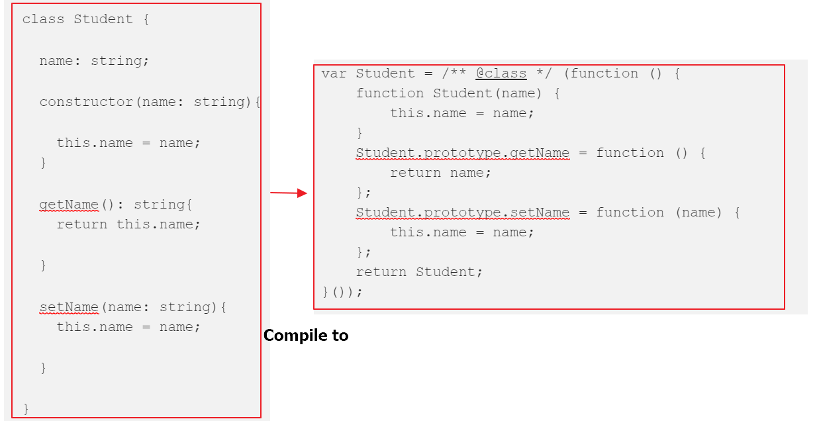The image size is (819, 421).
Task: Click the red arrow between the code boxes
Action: [x=289, y=193]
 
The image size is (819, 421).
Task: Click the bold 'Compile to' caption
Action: [x=306, y=336]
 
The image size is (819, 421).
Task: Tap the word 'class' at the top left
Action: [x=43, y=19]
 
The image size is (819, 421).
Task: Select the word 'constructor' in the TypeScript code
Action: [x=86, y=102]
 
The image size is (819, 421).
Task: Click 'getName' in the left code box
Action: [x=69, y=205]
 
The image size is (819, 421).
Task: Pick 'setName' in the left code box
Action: [x=69, y=307]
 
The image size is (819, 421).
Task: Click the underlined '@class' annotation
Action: [x=501, y=73]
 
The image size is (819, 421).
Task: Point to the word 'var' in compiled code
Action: [x=334, y=74]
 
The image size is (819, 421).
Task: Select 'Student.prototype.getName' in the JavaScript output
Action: [x=463, y=153]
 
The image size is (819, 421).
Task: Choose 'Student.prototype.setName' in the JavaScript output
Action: [x=463, y=212]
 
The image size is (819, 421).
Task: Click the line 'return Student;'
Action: [x=419, y=272]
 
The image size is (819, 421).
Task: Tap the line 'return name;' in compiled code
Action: [x=440, y=173]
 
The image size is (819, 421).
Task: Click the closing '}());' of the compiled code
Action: [x=342, y=292]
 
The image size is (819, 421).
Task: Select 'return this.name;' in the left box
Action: [x=128, y=224]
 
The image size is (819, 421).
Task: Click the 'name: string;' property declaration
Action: [x=94, y=61]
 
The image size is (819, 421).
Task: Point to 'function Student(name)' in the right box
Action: [x=449, y=93]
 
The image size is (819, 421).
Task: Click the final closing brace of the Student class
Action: [x=26, y=409]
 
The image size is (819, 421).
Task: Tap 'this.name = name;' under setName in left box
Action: [x=128, y=327]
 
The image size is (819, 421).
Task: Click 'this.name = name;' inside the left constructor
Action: [x=128, y=143]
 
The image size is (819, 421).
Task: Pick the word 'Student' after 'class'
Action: [x=103, y=19]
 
